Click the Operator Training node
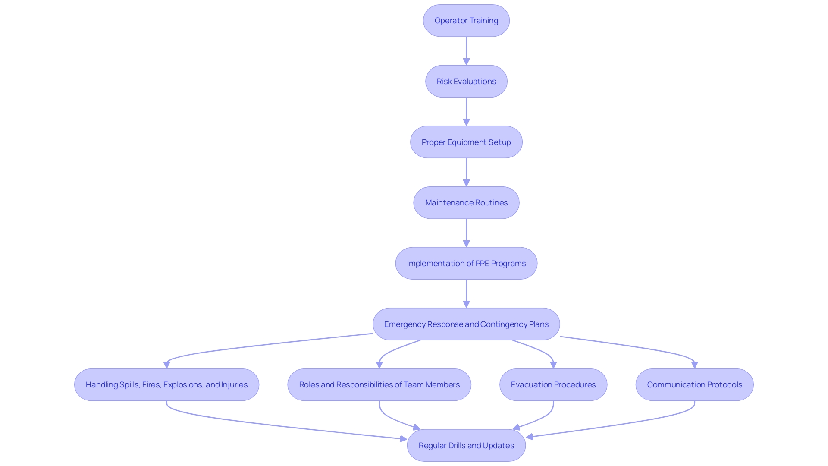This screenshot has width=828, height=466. [466, 21]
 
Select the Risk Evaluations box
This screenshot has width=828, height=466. [466, 82]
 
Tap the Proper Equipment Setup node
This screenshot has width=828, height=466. [466, 142]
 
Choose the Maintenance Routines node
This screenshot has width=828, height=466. [466, 203]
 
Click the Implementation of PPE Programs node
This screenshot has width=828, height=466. [466, 264]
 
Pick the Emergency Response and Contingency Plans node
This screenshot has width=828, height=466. [466, 324]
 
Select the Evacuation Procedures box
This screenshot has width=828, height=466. [553, 385]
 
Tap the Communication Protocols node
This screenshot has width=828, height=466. [694, 385]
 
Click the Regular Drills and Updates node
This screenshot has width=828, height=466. [466, 446]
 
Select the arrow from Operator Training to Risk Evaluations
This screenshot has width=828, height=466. [466, 50]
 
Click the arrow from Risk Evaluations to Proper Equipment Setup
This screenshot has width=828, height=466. [466, 110]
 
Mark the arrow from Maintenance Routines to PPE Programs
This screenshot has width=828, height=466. [466, 232]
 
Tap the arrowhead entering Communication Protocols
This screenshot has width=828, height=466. [694, 365]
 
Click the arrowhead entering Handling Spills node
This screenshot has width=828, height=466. [167, 365]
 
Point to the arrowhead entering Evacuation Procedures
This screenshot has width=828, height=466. [553, 365]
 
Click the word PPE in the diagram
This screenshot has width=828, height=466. [482, 264]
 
